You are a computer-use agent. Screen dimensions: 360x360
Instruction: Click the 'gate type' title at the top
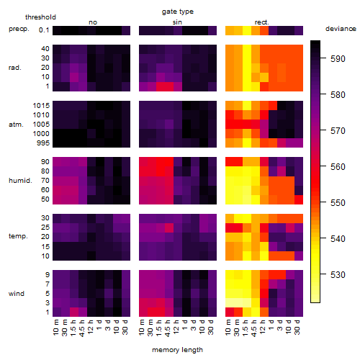coord(178,12)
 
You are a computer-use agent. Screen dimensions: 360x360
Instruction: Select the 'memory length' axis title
coord(177,350)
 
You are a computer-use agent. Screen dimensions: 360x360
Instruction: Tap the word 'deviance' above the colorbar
coord(341,29)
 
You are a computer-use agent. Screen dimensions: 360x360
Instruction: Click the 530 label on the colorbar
coord(338,274)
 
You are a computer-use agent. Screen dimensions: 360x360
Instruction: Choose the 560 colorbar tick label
coord(338,167)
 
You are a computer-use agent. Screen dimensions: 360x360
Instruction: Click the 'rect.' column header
coord(262,22)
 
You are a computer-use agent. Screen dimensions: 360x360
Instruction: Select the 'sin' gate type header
coord(177,22)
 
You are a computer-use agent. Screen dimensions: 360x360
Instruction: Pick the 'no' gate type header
coord(93,22)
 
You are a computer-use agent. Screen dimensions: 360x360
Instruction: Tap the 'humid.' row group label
coord(20,181)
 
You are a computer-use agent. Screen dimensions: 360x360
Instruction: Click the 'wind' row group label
coord(17,294)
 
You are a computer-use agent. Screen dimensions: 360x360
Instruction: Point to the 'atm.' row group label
coord(16,125)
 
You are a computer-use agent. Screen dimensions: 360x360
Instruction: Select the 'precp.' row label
coord(19,29)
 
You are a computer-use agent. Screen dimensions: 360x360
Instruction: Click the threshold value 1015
coord(41,106)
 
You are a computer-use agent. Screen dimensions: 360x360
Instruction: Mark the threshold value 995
coord(43,143)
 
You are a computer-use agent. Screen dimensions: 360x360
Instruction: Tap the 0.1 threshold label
coord(44,30)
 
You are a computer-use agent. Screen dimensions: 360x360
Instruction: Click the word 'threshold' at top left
coord(40,17)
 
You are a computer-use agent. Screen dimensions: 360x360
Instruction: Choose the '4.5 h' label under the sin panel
coord(168,328)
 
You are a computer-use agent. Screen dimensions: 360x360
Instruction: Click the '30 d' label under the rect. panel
coord(297,327)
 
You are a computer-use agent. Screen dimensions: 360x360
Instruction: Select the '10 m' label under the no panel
coord(55,328)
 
